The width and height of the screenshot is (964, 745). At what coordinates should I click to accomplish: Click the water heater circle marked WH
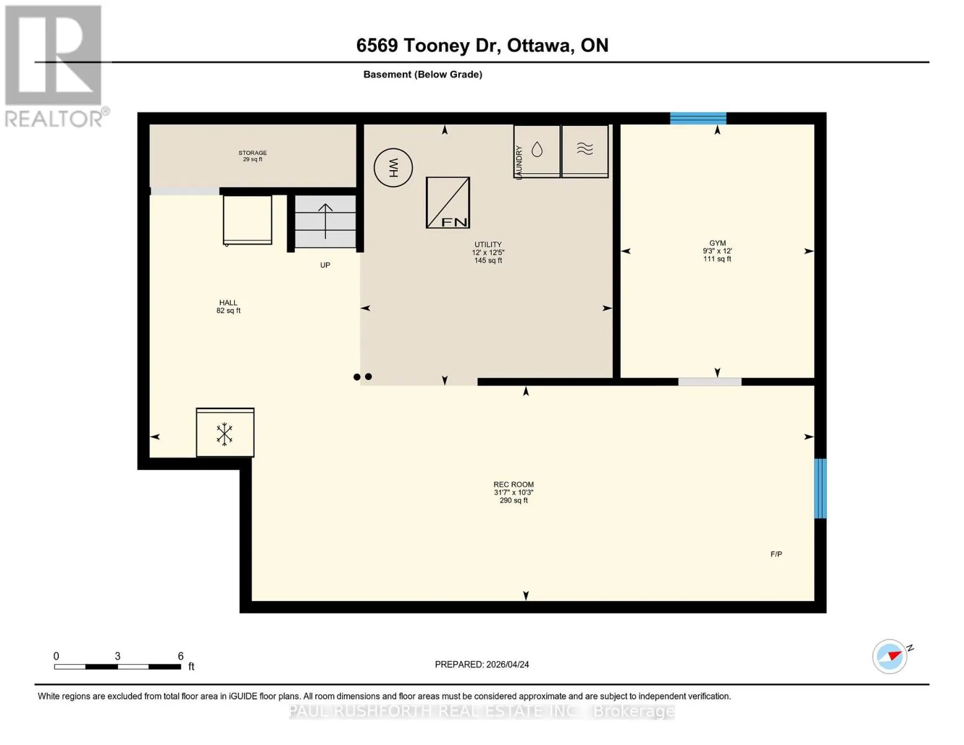(393, 167)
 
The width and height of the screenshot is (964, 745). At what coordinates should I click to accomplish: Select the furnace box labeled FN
(448, 202)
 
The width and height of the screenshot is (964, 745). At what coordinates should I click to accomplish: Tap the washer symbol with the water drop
(537, 151)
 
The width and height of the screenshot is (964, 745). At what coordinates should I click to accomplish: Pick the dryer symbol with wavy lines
(585, 151)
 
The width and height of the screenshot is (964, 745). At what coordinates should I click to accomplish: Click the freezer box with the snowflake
(225, 432)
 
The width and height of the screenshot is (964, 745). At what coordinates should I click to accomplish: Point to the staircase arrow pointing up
(325, 221)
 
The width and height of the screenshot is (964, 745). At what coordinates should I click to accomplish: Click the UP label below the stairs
(325, 265)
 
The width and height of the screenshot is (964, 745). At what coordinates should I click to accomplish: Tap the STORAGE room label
(253, 153)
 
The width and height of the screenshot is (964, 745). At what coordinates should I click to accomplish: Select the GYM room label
(718, 243)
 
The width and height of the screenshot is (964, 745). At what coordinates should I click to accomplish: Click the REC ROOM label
(514, 484)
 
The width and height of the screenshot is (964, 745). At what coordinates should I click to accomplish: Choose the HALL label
(228, 302)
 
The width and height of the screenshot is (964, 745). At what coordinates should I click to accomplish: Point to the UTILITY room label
(488, 245)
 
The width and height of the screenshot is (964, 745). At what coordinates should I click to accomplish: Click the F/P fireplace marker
(776, 554)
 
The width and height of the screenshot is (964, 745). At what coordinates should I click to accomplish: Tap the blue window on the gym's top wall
(698, 118)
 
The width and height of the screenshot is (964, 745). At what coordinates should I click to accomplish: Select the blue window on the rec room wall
(820, 489)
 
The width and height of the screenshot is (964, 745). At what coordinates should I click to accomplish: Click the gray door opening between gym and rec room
(709, 382)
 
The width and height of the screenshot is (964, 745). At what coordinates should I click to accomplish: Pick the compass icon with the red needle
(890, 656)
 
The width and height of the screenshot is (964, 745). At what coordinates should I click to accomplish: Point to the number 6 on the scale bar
(181, 656)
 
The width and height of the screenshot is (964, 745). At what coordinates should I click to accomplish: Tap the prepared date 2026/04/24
(508, 664)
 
